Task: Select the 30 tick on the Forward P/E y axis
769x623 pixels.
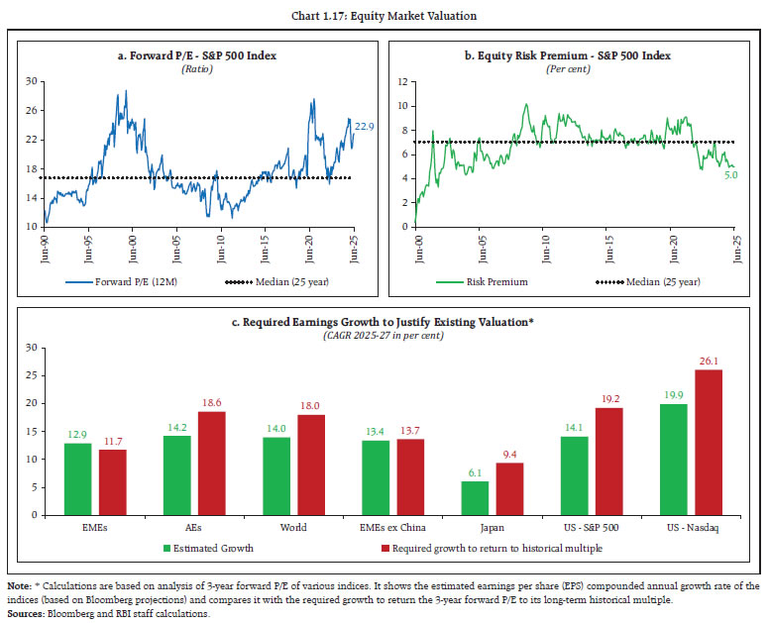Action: (x=31, y=80)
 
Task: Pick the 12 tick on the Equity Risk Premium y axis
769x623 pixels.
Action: (x=401, y=80)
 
